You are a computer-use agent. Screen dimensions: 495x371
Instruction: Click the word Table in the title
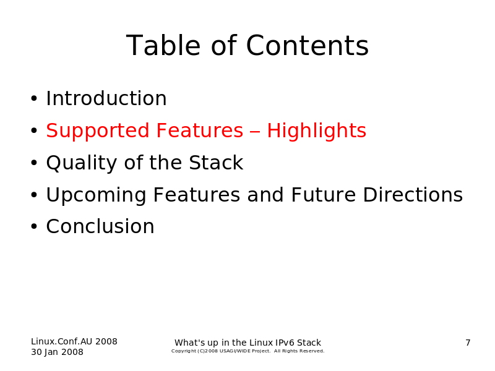click(163, 45)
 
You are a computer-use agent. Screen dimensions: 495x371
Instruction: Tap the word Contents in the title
click(307, 45)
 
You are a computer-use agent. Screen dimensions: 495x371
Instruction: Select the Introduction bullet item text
click(106, 98)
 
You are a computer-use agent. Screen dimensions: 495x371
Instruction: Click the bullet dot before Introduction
click(34, 99)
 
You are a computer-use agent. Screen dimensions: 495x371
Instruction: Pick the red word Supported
click(98, 131)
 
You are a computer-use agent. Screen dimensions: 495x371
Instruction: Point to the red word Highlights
click(317, 131)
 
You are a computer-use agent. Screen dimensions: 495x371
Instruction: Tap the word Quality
click(82, 163)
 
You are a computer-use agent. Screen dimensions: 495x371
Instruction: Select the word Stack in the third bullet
click(216, 163)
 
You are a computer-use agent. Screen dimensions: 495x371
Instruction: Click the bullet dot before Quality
click(34, 163)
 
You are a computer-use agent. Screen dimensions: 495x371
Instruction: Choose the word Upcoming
click(97, 195)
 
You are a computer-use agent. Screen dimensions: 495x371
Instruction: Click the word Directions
click(413, 195)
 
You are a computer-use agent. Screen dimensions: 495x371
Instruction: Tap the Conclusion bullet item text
click(100, 226)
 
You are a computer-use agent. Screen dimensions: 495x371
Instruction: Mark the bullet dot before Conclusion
click(34, 226)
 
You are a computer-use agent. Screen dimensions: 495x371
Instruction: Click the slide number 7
click(468, 343)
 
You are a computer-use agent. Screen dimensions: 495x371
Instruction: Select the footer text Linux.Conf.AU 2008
click(74, 341)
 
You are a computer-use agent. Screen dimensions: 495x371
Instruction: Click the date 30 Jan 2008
click(57, 352)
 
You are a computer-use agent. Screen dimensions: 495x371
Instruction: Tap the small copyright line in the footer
click(248, 351)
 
